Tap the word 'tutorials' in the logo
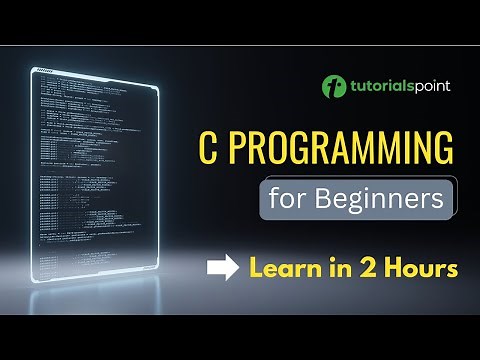[x=380, y=86]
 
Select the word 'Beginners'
[x=380, y=198]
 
